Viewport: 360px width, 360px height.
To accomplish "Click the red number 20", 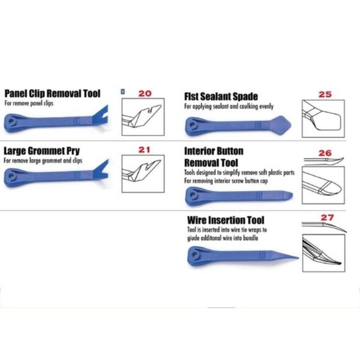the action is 145,93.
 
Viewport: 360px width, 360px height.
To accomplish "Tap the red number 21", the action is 144,149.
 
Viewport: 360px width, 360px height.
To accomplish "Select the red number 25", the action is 325,94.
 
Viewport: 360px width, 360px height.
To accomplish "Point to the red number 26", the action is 325,153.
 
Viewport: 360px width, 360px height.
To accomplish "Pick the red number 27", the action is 327,217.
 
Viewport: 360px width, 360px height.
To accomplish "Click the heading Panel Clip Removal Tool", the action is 52,94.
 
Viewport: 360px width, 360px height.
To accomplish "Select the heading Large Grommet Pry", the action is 41,151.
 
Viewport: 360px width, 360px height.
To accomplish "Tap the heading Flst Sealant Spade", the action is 221,96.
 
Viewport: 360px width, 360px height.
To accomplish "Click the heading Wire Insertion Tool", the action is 226,220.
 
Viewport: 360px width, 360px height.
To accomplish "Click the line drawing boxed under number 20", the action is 143,117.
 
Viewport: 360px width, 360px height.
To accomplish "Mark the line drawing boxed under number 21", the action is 143,174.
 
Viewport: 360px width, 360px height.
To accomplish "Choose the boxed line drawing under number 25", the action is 323,119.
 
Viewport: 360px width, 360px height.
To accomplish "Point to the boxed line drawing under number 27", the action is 324,253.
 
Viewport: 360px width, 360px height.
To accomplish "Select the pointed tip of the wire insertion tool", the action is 298,257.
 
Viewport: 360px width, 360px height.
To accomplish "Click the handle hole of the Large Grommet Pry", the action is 10,176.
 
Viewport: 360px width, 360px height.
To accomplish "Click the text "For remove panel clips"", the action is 29,103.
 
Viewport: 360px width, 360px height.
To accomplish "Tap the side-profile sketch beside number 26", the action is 324,162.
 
